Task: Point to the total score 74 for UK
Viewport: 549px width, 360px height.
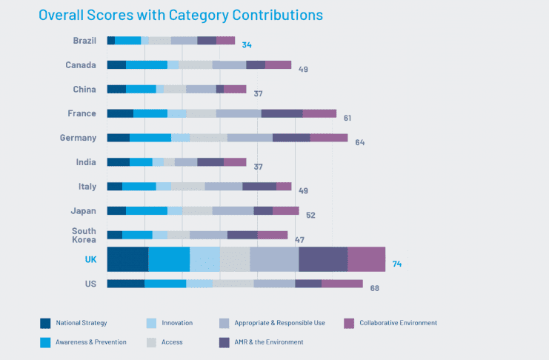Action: (x=397, y=264)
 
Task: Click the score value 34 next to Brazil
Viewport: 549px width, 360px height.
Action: (x=247, y=45)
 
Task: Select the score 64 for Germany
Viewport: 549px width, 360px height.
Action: (x=360, y=142)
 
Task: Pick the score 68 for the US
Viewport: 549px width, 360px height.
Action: (x=375, y=288)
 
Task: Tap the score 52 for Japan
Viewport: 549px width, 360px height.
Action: (x=311, y=216)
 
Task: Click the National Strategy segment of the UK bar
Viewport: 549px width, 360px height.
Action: (x=127, y=259)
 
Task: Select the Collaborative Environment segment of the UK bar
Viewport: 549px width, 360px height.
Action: (x=366, y=259)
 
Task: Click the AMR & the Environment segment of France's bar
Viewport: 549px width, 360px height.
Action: (x=282, y=113)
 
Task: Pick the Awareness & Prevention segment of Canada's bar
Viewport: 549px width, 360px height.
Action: (x=147, y=64)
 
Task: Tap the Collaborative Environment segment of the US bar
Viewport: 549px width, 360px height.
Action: (x=342, y=284)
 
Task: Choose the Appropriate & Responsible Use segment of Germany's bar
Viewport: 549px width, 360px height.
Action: (x=250, y=138)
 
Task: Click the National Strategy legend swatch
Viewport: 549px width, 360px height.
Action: (x=46, y=323)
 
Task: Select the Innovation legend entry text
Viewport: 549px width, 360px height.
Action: (x=176, y=323)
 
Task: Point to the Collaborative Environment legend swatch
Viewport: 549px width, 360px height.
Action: (x=350, y=323)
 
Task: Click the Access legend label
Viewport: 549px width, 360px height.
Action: (x=172, y=342)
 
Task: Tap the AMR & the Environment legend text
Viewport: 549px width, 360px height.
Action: (x=268, y=342)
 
